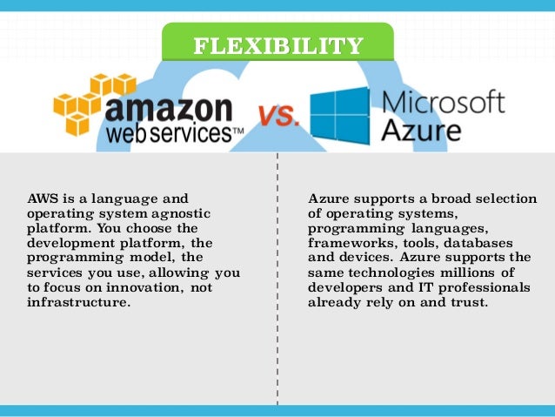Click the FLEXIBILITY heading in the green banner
tap(277, 45)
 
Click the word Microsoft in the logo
tap(444, 104)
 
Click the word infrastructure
tap(78, 302)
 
